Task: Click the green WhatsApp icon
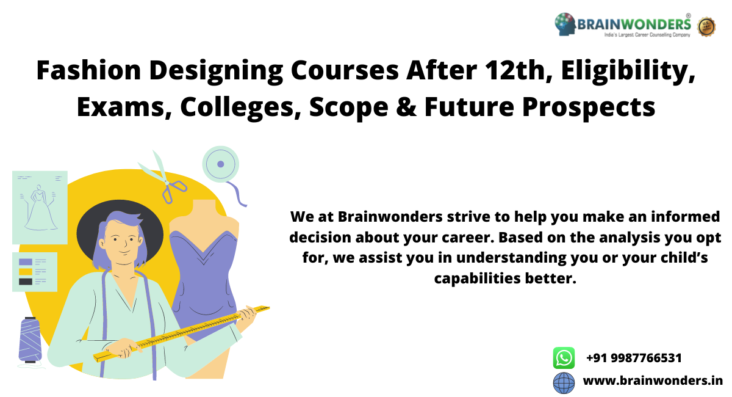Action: tap(564, 358)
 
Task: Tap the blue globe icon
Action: tap(564, 382)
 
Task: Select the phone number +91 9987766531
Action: tap(634, 358)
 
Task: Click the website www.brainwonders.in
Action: tap(653, 381)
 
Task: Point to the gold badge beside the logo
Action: tap(706, 26)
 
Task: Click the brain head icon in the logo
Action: tap(565, 24)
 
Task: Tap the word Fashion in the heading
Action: tap(88, 70)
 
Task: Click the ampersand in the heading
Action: tap(406, 107)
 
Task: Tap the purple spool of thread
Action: tap(30, 340)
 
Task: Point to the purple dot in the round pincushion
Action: tap(221, 164)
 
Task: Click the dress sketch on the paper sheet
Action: tap(40, 208)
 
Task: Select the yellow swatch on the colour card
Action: tap(26, 272)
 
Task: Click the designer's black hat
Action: tap(120, 229)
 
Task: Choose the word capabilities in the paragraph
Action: tap(478, 279)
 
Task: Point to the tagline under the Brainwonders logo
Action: tap(647, 35)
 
